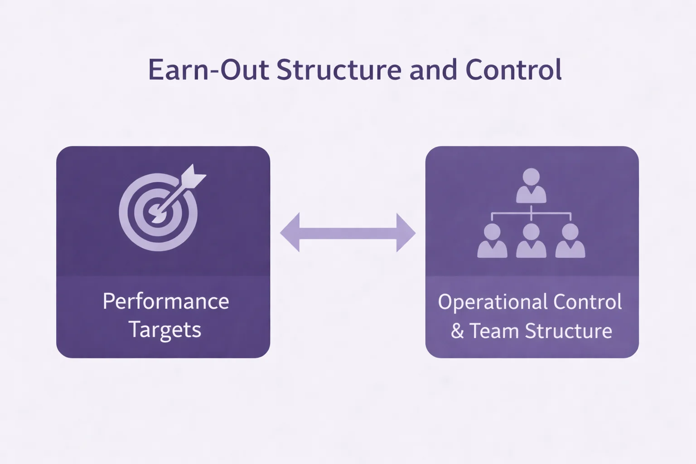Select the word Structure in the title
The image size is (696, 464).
338,70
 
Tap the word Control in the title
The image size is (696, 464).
513,70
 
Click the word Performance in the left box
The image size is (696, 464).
166,302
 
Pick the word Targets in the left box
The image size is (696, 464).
165,330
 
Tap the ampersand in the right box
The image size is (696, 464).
457,331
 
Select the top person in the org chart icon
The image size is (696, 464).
531,186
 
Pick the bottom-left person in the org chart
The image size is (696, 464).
492,241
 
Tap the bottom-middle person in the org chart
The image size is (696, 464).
531,241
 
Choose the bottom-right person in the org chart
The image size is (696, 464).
570,241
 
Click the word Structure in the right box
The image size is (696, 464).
569,331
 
